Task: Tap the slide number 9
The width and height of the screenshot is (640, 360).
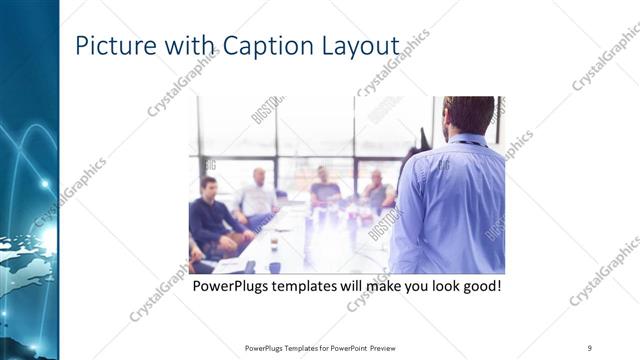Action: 590,348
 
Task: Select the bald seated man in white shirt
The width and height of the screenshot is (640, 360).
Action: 258,196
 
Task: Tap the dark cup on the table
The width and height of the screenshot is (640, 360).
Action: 273,267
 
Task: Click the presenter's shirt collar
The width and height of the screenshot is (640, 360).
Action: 468,140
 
